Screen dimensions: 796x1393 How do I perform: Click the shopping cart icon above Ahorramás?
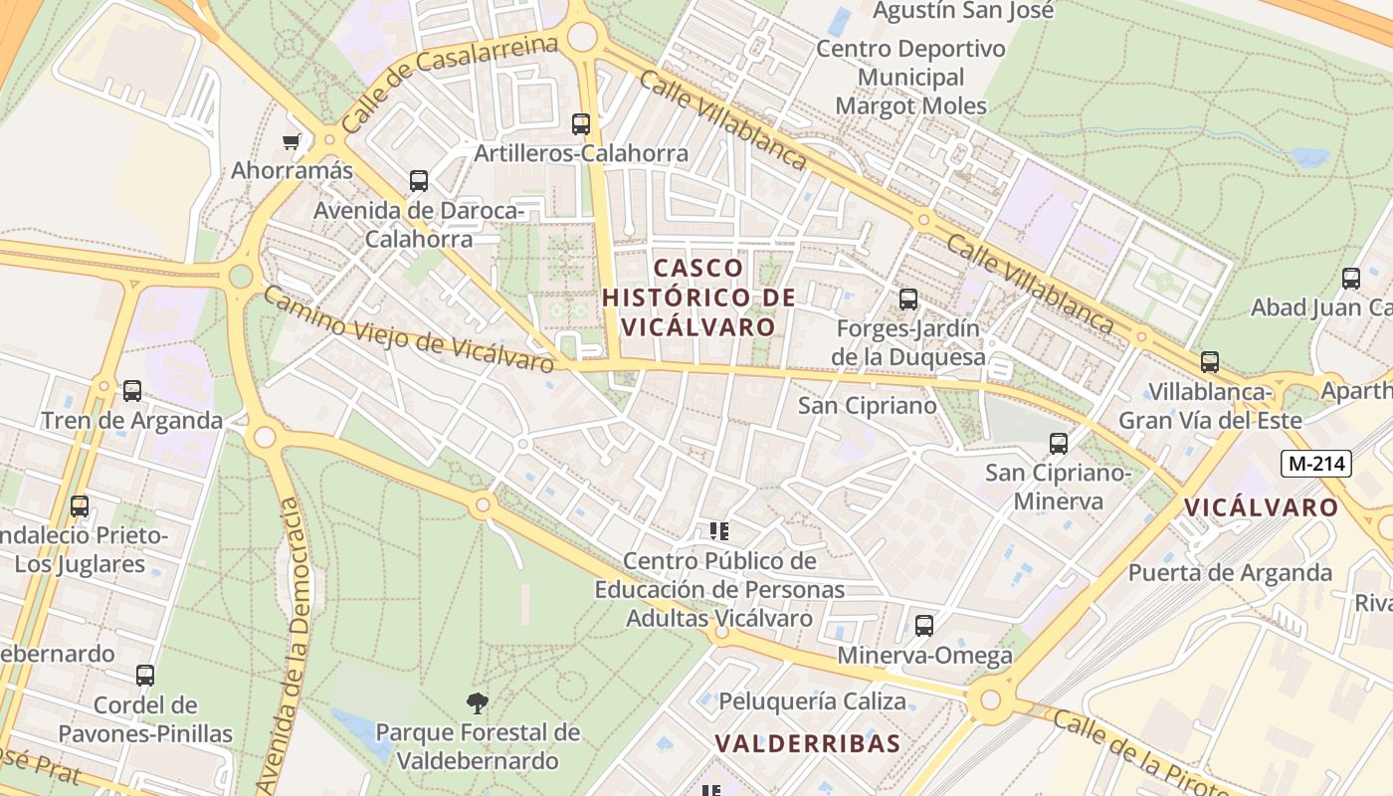click(292, 142)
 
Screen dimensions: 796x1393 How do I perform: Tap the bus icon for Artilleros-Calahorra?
click(581, 124)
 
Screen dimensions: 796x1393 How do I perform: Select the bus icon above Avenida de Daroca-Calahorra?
click(419, 181)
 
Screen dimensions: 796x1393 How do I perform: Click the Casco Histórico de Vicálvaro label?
click(698, 297)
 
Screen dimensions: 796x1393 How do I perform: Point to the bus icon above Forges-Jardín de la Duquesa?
click(908, 299)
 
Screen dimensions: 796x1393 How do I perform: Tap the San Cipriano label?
click(868, 406)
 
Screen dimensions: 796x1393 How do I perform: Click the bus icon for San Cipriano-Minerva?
click(1059, 444)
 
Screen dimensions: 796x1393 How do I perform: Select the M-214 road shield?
click(1315, 463)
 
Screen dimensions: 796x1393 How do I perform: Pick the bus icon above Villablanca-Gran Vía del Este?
click(1210, 362)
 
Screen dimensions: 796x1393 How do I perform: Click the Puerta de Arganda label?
click(1230, 573)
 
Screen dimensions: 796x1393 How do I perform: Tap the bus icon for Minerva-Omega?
click(924, 626)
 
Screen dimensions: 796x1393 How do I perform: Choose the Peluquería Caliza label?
click(812, 701)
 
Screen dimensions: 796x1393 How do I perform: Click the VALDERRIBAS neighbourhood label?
click(808, 743)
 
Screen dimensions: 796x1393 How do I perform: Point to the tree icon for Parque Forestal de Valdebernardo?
click(478, 703)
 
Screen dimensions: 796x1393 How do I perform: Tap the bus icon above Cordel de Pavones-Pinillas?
click(145, 676)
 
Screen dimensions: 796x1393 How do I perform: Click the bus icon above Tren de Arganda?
click(132, 391)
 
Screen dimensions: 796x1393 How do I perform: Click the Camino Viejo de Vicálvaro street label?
click(408, 329)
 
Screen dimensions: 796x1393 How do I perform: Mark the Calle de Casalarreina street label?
click(449, 86)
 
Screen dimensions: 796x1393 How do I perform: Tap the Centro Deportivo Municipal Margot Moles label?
click(911, 77)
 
